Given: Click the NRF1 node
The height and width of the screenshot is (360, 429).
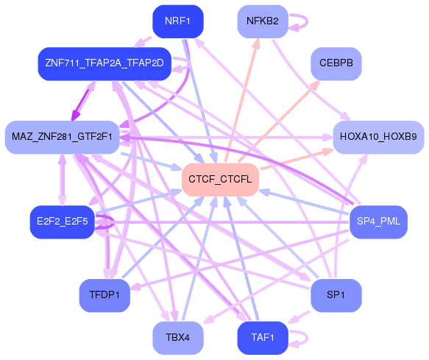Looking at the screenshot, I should pos(177,21).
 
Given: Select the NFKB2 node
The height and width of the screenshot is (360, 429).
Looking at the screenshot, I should pos(263,21).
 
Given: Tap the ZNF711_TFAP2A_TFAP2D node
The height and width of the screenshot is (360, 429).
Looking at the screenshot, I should pos(104,65).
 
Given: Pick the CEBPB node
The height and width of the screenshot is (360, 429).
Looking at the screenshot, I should pos(336,64).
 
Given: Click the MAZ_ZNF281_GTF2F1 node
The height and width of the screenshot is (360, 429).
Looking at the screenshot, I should pos(62,137).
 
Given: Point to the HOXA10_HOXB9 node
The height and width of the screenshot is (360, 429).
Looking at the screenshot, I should pos(378,137).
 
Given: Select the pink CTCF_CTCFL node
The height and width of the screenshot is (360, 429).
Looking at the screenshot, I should pos(219,180).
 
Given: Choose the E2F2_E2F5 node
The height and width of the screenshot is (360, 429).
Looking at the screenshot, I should pos(62,222).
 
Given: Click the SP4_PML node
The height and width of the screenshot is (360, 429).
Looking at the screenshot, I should pos(377,222).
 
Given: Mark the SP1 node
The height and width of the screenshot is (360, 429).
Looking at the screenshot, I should pos(336,294).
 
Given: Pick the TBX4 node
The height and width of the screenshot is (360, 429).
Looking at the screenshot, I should pos(177,338).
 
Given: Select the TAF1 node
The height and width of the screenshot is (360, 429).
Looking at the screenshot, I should pos(263,338).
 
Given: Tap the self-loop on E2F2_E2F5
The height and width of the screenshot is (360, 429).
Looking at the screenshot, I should pos(107,222).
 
